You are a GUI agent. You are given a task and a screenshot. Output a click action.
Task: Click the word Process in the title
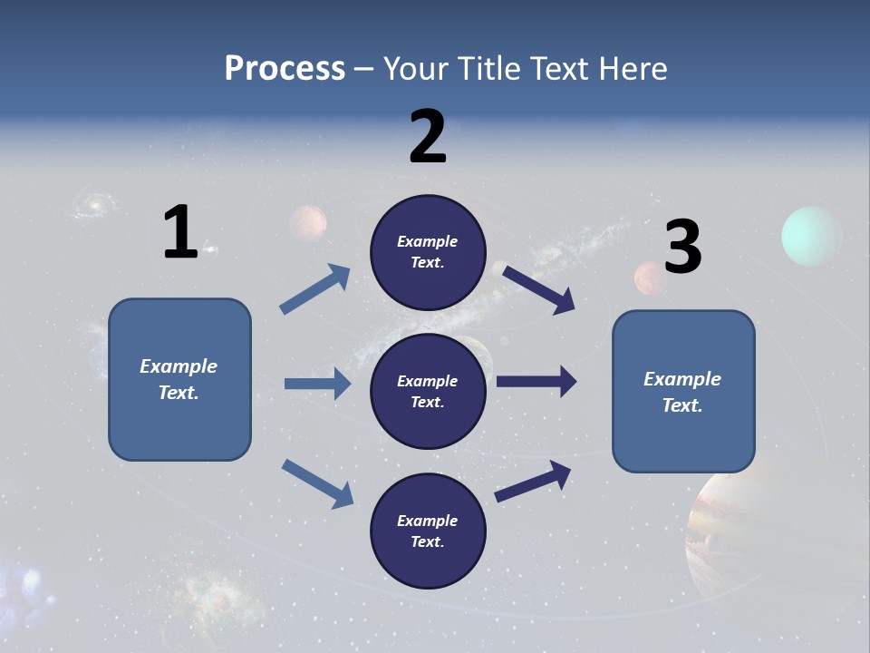pos(285,69)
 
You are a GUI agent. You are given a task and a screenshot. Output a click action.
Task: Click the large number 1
pos(180,233)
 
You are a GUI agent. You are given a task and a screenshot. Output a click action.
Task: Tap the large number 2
pos(428,137)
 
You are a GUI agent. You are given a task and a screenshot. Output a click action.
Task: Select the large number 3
pos(682,248)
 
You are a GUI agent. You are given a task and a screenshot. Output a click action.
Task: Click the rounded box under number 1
pos(179,379)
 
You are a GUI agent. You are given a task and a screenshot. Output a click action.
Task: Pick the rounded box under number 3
pos(683,391)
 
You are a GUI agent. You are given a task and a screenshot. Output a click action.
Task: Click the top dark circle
pos(428,252)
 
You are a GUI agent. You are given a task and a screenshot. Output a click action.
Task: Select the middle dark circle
pos(428,391)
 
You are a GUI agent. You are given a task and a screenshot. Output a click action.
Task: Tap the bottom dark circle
pos(428,531)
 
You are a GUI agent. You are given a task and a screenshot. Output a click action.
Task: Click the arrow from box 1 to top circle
pos(315,289)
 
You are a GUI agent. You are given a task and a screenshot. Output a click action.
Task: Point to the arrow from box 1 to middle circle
pos(317,384)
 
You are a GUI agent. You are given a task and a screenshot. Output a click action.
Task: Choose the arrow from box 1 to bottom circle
pos(317,483)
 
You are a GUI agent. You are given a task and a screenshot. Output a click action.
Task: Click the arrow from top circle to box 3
pos(538,289)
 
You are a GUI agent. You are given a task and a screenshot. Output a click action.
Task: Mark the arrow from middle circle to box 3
pos(536,382)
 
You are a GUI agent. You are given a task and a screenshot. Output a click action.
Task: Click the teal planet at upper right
pos(811,237)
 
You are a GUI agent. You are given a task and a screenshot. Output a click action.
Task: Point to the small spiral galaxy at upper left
pos(92,206)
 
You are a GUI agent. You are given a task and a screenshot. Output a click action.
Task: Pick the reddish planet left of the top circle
pos(308,223)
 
